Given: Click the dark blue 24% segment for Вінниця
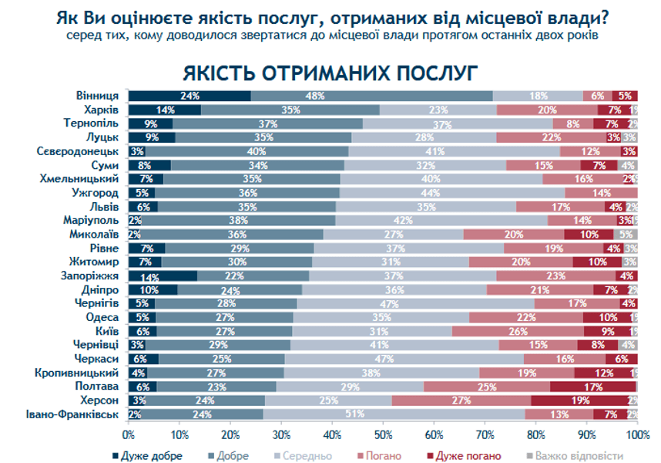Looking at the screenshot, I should coord(190,96).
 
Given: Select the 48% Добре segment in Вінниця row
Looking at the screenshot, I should coord(371,96).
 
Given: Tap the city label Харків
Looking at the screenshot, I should coord(100,110).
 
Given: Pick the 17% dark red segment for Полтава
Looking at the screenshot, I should coord(593,387).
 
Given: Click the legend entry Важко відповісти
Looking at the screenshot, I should coord(583,456).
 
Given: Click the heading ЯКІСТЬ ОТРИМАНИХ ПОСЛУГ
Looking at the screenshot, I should coord(330,72).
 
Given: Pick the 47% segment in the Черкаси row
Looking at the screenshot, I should coord(404,360).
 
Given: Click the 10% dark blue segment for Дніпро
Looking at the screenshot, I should coord(153,290).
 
